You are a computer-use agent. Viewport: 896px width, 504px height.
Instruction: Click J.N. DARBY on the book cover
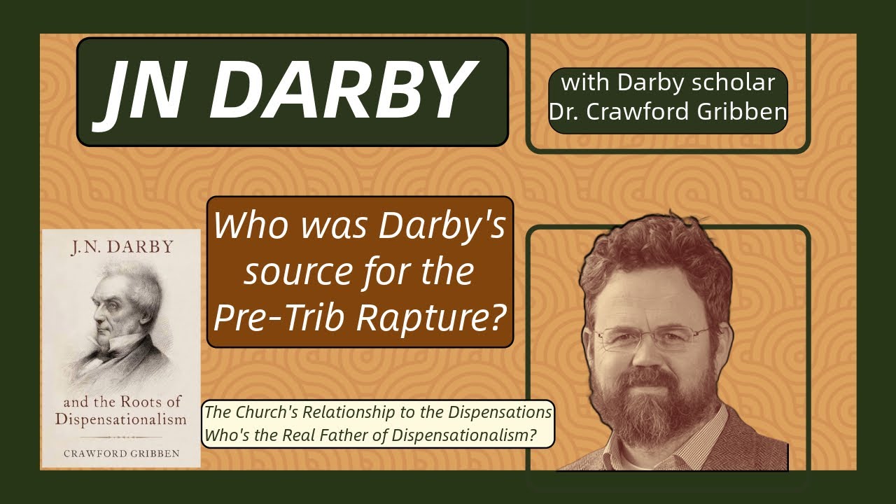pos(122,248)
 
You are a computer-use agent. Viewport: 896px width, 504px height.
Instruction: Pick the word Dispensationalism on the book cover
pos(122,420)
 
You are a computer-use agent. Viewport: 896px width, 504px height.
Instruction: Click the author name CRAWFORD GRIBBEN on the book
pos(122,454)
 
